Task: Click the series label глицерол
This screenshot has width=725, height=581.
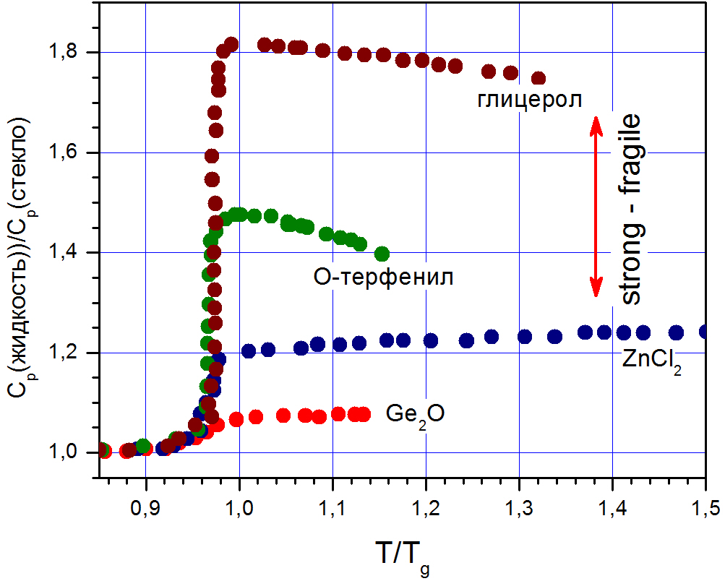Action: [x=530, y=100]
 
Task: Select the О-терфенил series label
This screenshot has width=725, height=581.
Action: [x=384, y=276]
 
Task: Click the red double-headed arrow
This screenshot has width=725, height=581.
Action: [x=595, y=207]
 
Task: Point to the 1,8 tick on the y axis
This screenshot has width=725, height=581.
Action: [x=69, y=52]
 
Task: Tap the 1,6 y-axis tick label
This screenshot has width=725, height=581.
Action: [x=69, y=152]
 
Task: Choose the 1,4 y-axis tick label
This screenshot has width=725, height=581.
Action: [x=69, y=252]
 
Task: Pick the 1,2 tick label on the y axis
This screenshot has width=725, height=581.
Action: [x=69, y=353]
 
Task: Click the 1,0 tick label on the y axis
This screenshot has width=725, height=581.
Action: [x=69, y=452]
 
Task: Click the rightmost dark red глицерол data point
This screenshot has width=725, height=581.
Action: [x=538, y=78]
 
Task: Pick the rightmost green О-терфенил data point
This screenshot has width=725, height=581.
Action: [x=382, y=253]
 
